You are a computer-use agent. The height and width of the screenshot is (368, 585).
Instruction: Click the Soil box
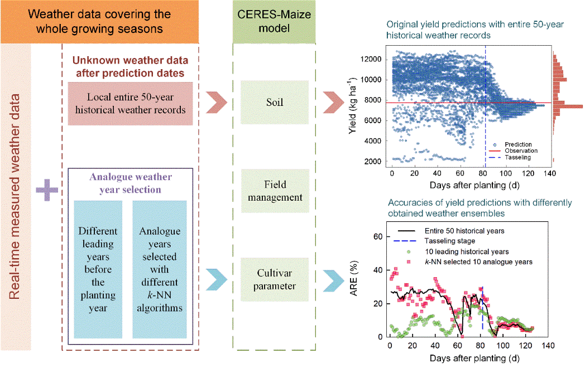[x=274, y=102]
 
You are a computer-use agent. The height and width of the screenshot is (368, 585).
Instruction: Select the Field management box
[x=274, y=190]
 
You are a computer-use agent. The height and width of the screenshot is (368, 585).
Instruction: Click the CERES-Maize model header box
[x=274, y=21]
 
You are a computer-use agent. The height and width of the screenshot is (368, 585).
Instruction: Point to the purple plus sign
[x=47, y=191]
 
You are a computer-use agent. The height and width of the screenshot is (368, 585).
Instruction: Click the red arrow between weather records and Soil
[x=215, y=103]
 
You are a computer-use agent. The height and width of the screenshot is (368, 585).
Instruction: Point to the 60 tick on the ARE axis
[x=378, y=237]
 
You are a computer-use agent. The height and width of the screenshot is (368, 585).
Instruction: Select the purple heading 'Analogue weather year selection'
[x=130, y=183]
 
